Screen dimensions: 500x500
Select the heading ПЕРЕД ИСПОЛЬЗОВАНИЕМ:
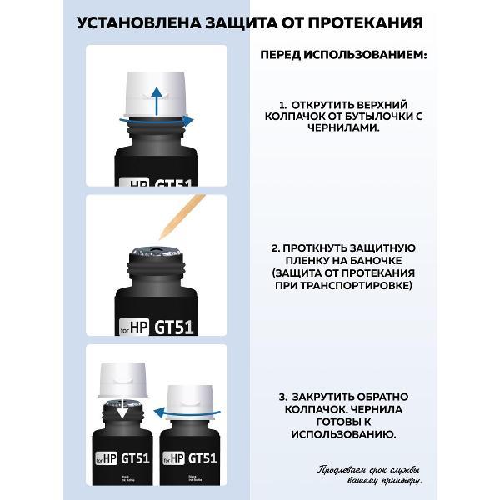point(343,55)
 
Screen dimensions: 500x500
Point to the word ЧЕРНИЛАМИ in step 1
point(343,131)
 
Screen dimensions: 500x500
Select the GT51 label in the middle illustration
point(173,327)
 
